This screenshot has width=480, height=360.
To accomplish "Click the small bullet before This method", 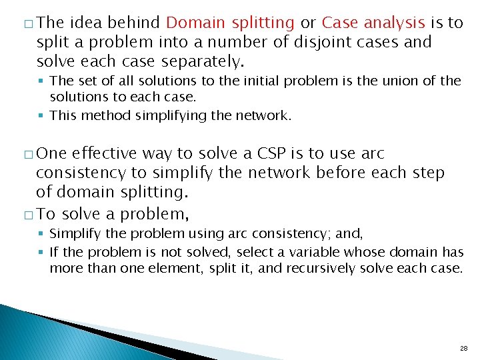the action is pos(42,115).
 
